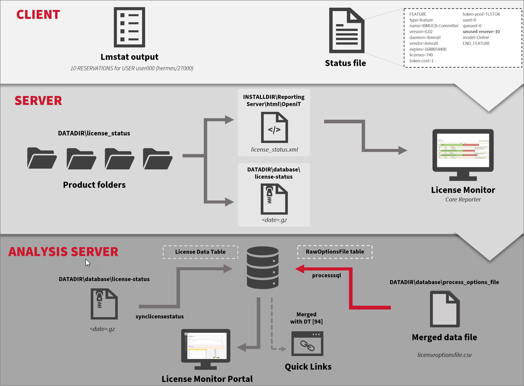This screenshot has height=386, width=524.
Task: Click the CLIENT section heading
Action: coord(38,15)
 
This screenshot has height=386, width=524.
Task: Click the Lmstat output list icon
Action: coord(129,27)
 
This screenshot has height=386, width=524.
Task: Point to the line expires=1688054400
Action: coord(428,49)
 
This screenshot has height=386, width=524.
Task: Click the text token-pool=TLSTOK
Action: coord(481,14)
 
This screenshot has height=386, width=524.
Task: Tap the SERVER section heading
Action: coord(38,100)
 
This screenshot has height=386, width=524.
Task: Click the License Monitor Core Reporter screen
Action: coord(463,151)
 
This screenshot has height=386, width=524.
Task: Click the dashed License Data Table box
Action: coord(200,252)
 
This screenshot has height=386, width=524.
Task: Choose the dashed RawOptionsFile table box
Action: coord(335,252)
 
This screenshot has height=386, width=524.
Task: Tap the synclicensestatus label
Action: coord(159,316)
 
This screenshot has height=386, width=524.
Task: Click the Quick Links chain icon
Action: coord(307,345)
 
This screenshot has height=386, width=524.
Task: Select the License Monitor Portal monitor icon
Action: coord(205,348)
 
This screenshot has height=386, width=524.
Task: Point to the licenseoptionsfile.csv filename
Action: coord(444,355)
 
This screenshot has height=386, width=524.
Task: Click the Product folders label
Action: coord(94,185)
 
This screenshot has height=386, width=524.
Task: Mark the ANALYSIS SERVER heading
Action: coord(63,252)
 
